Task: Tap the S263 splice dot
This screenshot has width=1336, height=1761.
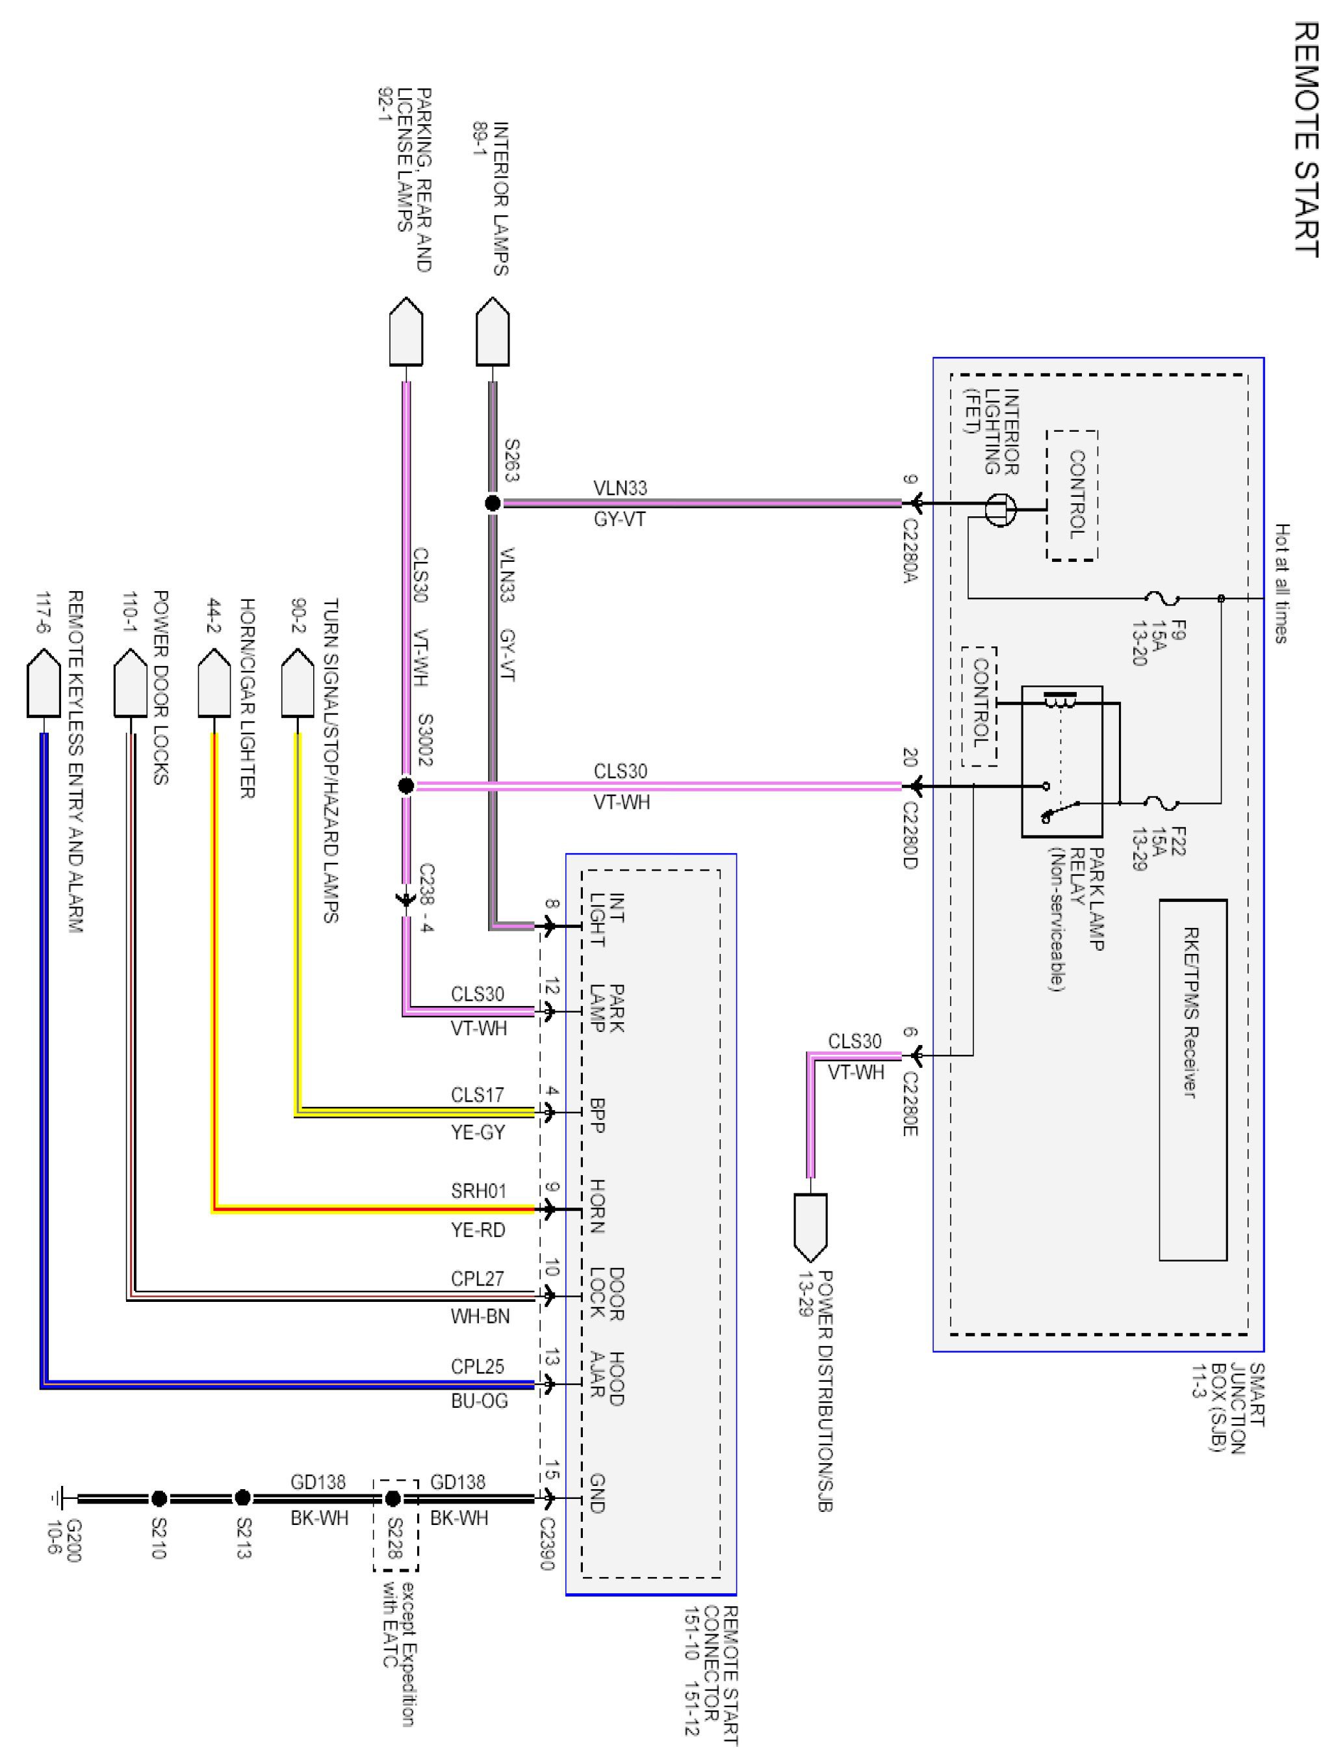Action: click(493, 503)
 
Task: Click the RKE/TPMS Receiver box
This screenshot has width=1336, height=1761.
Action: click(1193, 1079)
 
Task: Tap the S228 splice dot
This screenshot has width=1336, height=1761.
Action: click(392, 1498)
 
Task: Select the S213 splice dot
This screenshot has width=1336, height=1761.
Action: click(242, 1498)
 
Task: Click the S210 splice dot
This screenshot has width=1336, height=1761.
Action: click(159, 1498)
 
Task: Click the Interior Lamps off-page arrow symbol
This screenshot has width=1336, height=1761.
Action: click(493, 332)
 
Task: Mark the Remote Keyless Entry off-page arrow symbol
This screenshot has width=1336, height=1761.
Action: click(43, 683)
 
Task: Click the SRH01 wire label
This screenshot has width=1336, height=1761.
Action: click(478, 1191)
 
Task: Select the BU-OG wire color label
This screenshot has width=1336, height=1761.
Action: click(479, 1401)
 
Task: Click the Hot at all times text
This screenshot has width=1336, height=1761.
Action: click(1282, 583)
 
